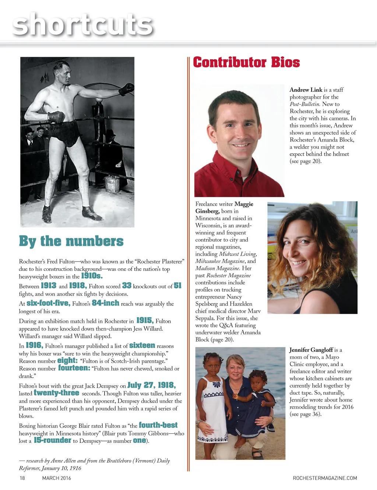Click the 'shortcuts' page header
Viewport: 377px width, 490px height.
pyautogui.click(x=82, y=25)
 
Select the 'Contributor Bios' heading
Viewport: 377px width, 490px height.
pyautogui.click(x=246, y=62)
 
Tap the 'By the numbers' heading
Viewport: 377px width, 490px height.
pyautogui.click(x=71, y=241)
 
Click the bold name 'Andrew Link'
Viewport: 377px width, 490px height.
pyautogui.click(x=306, y=90)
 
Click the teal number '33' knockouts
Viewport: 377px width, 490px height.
pyautogui.click(x=127, y=286)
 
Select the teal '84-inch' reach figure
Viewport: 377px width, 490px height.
pyautogui.click(x=106, y=303)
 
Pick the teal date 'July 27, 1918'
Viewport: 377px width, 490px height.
pyautogui.click(x=151, y=385)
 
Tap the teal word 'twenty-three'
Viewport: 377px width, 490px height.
pyautogui.click(x=56, y=393)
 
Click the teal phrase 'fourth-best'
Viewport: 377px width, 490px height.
pyautogui.click(x=158, y=425)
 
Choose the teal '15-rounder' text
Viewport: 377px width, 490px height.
pyautogui.click(x=52, y=440)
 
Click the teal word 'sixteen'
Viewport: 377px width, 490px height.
pyautogui.click(x=142, y=345)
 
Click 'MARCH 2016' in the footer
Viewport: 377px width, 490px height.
pyautogui.click(x=57, y=478)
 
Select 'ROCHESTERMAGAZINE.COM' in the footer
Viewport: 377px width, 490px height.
pyautogui.click(x=325, y=478)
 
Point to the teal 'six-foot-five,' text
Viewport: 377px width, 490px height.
pyautogui.click(x=49, y=303)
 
